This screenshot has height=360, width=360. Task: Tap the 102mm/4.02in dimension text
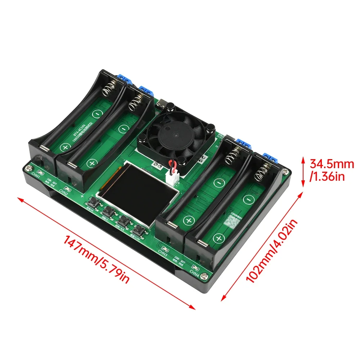(x=272, y=252)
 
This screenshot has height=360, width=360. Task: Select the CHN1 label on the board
(x=36, y=175)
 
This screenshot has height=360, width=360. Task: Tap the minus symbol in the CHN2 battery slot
(x=123, y=129)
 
